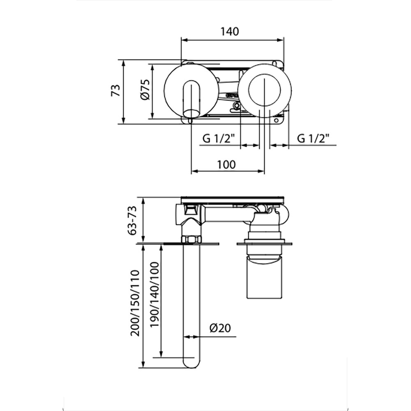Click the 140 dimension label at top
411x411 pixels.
click(230, 32)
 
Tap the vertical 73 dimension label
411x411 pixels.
click(116, 90)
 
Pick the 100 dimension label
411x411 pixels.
click(226, 165)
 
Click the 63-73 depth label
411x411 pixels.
click(132, 220)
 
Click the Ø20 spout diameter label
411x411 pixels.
click(220, 328)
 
